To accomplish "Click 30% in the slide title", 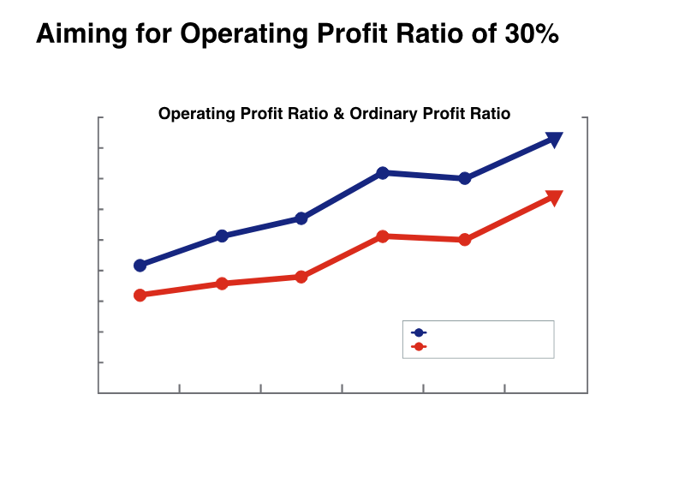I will tap(531, 34).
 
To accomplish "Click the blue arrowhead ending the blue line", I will tap(554, 139).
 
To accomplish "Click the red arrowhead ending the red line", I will tap(554, 198).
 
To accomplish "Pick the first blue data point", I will tap(140, 266).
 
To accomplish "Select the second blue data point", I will tap(222, 236).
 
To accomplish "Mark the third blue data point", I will tap(301, 218).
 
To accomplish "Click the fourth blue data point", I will tap(383, 173).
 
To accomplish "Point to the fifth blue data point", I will tap(464, 178).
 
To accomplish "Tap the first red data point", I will tap(140, 295).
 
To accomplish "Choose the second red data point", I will tap(222, 284).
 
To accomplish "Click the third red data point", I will tap(301, 277).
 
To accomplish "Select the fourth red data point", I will tap(383, 236).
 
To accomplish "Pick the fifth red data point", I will tap(464, 240).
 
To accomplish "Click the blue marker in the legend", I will tap(419, 332).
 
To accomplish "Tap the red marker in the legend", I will tap(419, 347).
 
